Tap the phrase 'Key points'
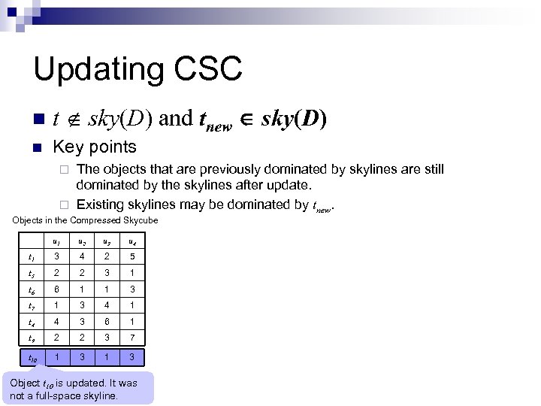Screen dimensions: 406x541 (95, 147)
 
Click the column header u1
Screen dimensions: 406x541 (56, 241)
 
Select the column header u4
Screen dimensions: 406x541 (131, 241)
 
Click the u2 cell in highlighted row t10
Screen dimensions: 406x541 (81, 356)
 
